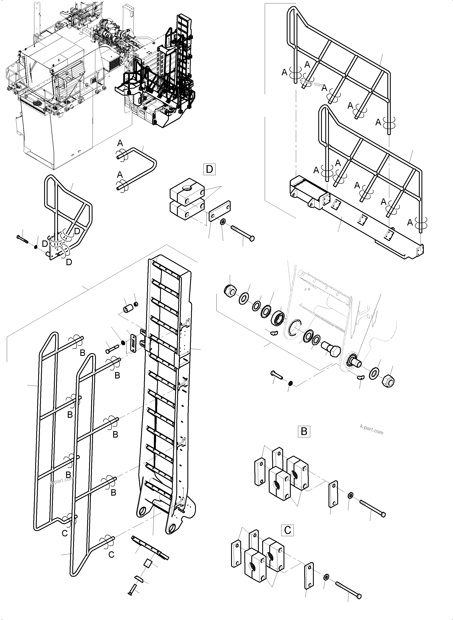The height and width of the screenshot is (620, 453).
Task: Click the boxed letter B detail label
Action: pyautogui.click(x=304, y=431)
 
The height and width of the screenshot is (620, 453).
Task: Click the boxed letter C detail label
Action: pyautogui.click(x=287, y=530)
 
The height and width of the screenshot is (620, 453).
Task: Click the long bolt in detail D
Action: pyautogui.click(x=243, y=233)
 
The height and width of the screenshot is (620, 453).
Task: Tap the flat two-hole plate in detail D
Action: pyautogui.click(x=219, y=211)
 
